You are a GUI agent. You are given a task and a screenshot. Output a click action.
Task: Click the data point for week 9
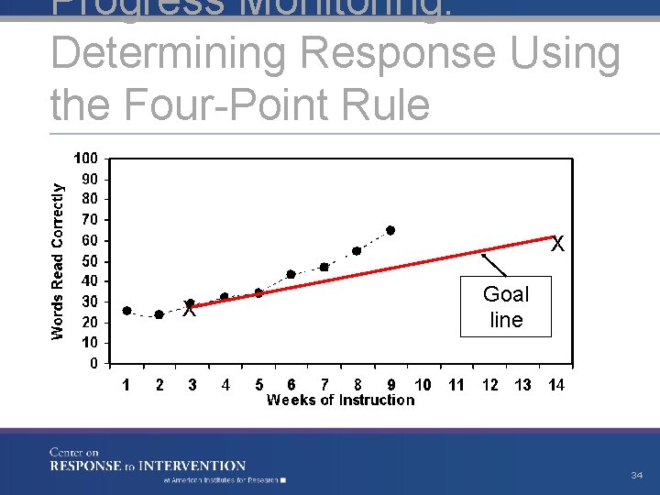pyautogui.click(x=390, y=230)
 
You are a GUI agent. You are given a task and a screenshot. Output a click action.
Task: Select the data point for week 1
pyautogui.click(x=126, y=311)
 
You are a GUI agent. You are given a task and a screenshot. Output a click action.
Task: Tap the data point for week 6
pyautogui.click(x=291, y=274)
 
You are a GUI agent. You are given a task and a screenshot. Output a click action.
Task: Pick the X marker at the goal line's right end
pyautogui.click(x=556, y=245)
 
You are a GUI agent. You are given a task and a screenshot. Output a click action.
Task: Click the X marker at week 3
pyautogui.click(x=189, y=310)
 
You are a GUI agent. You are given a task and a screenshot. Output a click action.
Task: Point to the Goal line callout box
pyautogui.click(x=506, y=306)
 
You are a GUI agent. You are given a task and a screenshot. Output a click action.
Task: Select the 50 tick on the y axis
pyautogui.click(x=90, y=261)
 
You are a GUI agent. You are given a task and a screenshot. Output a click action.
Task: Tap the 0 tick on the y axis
pyautogui.click(x=93, y=363)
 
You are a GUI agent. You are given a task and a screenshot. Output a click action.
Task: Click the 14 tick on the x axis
pyautogui.click(x=555, y=385)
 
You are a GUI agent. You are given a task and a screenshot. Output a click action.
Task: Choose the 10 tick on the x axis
pyautogui.click(x=423, y=385)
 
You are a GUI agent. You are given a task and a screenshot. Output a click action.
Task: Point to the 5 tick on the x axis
pyautogui.click(x=259, y=385)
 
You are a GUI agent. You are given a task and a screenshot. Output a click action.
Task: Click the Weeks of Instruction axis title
pyautogui.click(x=340, y=401)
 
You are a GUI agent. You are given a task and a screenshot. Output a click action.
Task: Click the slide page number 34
pyautogui.click(x=636, y=475)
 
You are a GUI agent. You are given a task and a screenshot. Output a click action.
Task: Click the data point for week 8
pyautogui.click(x=357, y=250)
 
